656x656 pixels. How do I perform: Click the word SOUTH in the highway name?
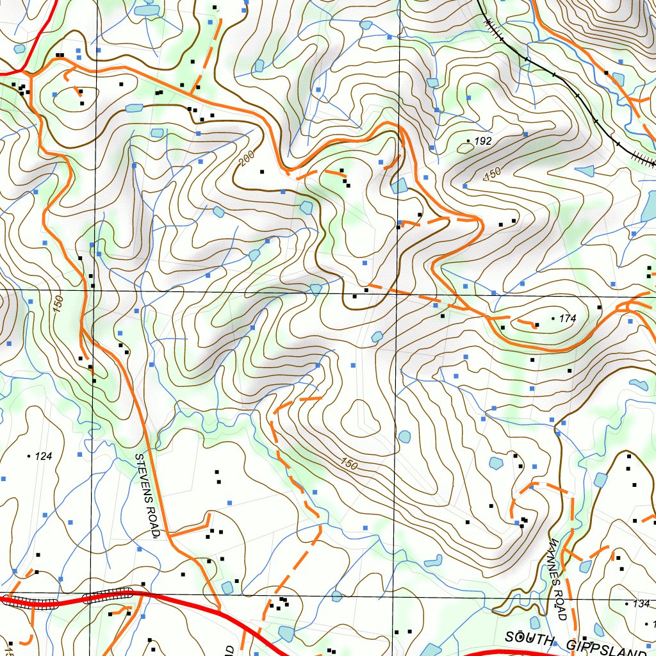tap(528, 638)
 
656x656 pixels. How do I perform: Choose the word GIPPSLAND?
tap(605, 647)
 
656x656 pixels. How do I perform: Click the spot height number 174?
tap(568, 318)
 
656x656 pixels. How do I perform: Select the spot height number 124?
tap(43, 456)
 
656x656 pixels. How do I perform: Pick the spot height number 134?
tap(641, 603)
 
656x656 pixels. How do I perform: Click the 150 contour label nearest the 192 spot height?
tap(491, 174)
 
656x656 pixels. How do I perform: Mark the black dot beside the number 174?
tap(553, 318)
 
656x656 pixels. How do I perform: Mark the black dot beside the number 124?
tap(29, 455)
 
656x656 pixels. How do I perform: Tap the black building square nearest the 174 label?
tap(537, 325)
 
